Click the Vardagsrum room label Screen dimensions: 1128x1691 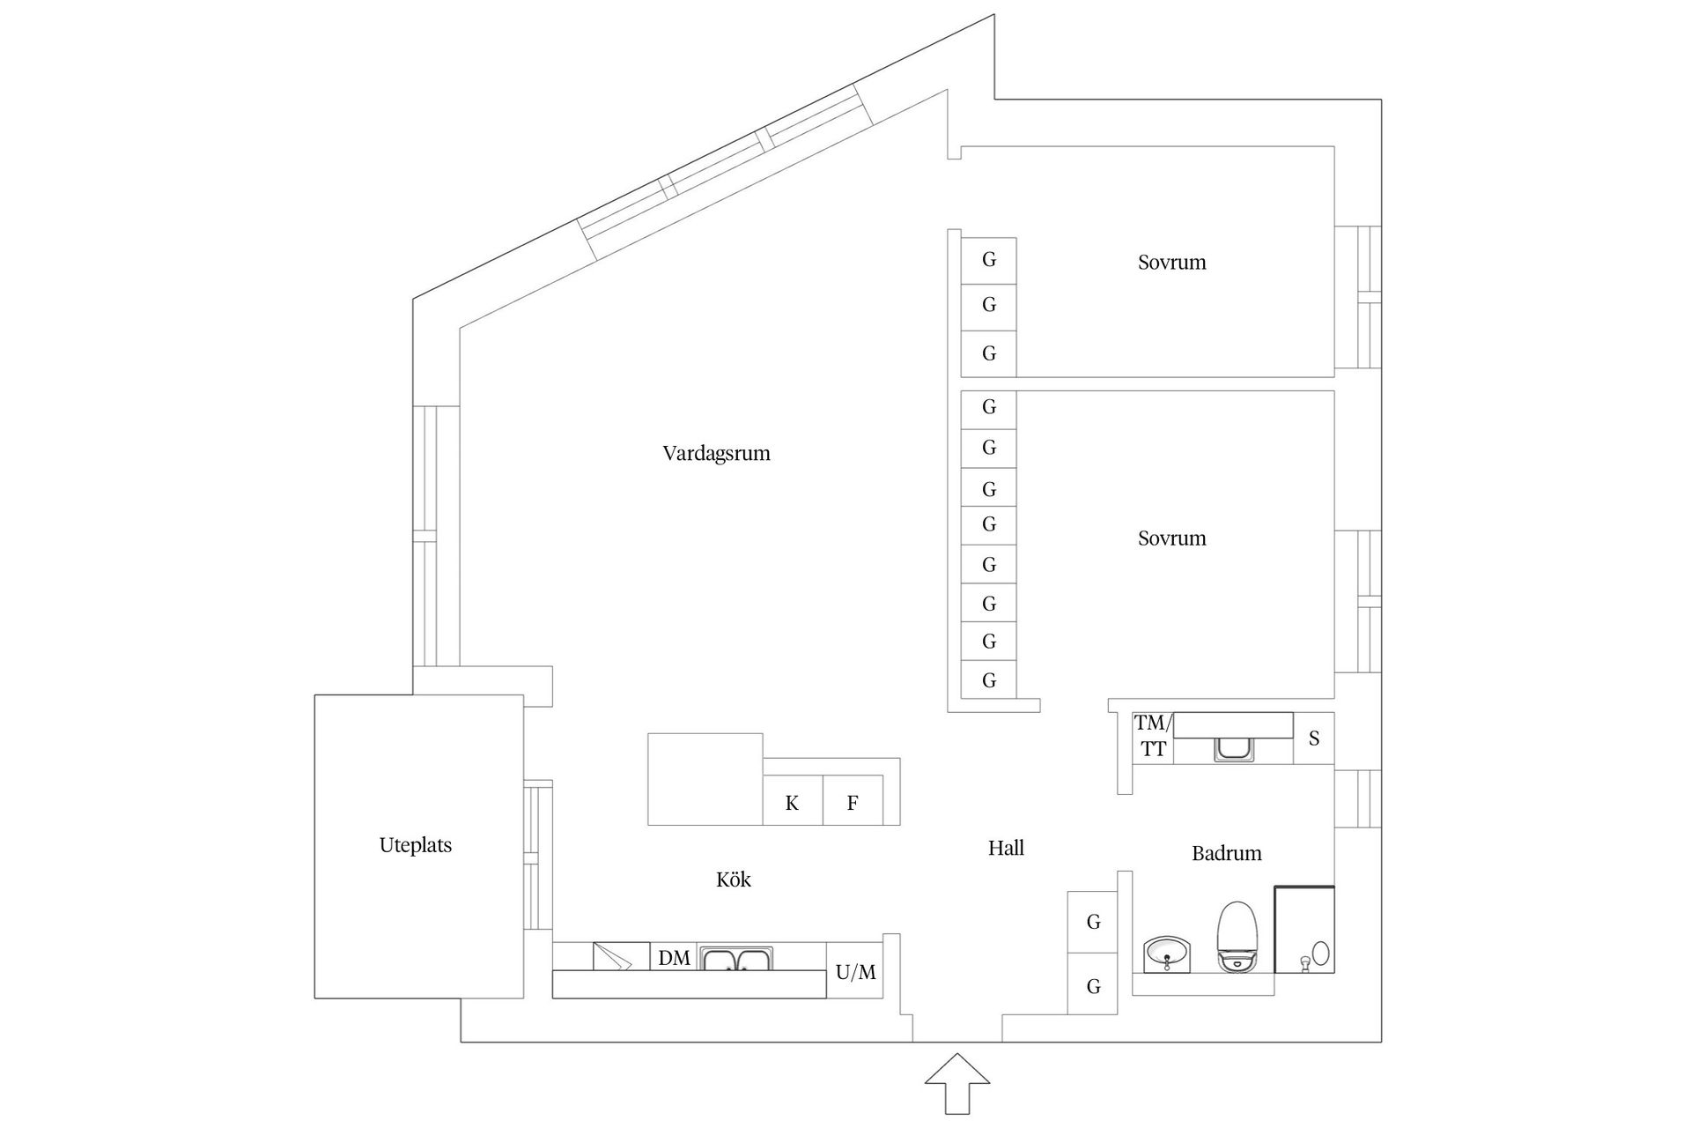[x=716, y=454]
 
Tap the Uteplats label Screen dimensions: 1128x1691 [x=415, y=845]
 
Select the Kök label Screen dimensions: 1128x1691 [x=733, y=879]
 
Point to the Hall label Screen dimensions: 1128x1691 [x=1005, y=848]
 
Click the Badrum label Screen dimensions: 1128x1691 [x=1226, y=853]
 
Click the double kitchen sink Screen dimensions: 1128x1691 [x=735, y=958]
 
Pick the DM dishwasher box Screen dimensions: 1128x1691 [x=674, y=958]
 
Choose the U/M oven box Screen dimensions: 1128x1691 [x=855, y=972]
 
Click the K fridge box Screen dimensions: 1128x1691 [x=792, y=802]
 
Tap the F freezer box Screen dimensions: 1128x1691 [x=853, y=802]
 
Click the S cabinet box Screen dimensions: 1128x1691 [x=1313, y=738]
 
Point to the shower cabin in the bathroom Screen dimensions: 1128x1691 [x=1304, y=930]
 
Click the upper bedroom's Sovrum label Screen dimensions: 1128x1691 [x=1171, y=263]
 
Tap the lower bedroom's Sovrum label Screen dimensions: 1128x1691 [x=1171, y=538]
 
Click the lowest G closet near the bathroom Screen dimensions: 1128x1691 [x=1093, y=985]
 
